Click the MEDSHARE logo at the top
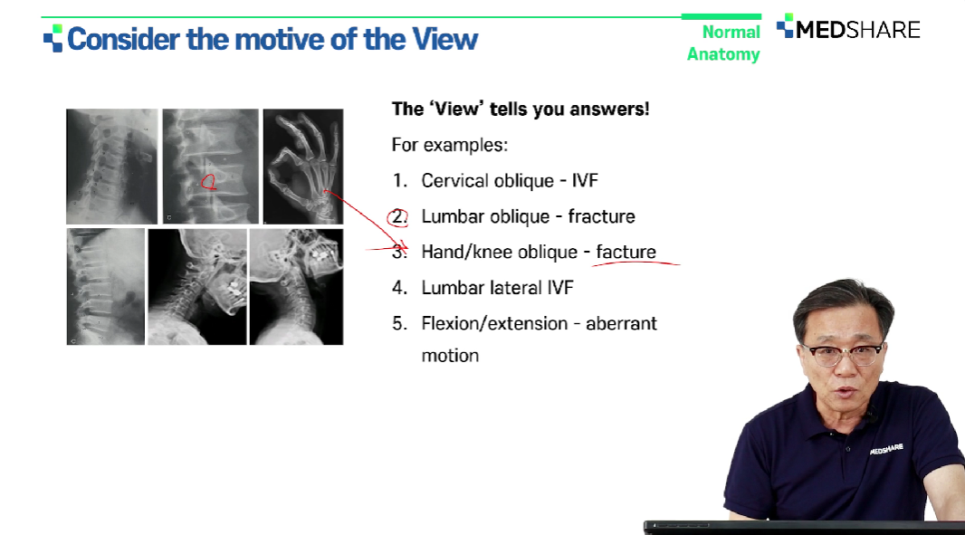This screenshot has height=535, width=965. pos(848,28)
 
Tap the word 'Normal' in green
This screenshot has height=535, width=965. pos(731,32)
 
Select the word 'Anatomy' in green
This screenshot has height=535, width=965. pos(723,54)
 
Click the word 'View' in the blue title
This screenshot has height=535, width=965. pos(444,40)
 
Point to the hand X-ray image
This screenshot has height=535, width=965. pos(302,167)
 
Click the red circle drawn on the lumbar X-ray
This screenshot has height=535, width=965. pos(209,182)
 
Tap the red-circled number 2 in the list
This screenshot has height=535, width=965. pos(397,217)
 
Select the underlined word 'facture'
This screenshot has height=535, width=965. pos(626,252)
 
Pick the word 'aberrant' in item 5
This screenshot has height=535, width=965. pos(621,323)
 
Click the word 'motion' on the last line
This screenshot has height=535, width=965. pos(450,355)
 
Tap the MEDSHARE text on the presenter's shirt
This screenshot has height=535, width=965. pos(886,449)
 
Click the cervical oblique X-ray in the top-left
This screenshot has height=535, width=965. pos(112,167)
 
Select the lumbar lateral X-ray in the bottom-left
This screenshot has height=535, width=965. pos(105,286)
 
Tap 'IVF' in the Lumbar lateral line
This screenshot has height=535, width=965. pos(560,288)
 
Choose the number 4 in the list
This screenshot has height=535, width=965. pos(399,288)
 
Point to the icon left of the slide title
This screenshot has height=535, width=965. pos(53,38)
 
